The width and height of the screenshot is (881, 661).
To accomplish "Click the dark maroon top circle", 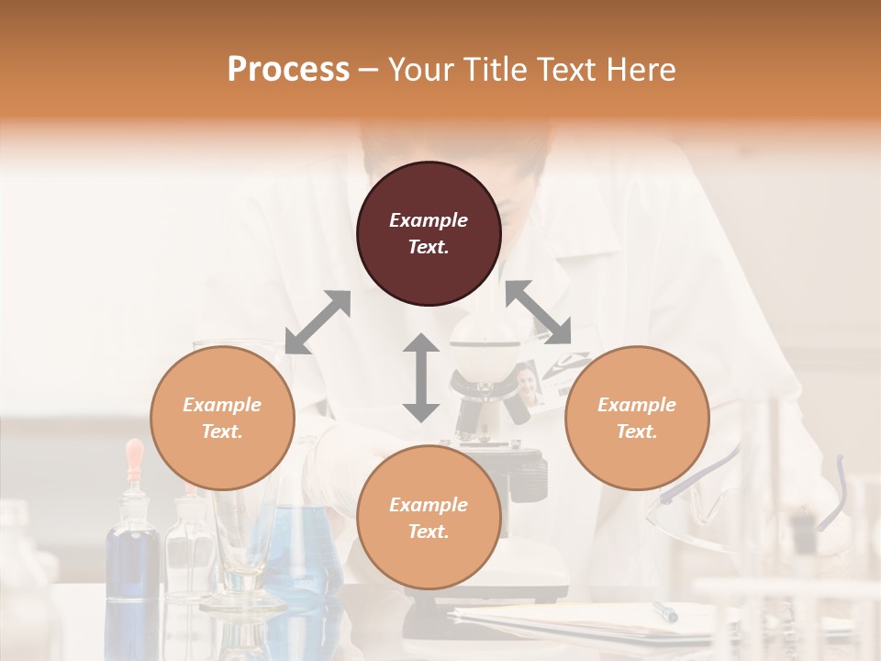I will click(x=429, y=234).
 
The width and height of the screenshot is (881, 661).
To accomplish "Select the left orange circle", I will click(x=222, y=418).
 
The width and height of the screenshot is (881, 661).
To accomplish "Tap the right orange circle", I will click(x=637, y=418).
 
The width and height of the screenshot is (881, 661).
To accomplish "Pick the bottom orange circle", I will click(x=429, y=518).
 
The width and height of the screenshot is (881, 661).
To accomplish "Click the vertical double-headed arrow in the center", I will click(x=421, y=377).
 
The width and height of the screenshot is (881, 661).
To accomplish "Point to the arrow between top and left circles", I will click(x=318, y=322).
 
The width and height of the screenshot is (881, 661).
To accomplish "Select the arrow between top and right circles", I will click(x=539, y=313).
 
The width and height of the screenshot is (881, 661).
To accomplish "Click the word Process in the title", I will click(x=288, y=69).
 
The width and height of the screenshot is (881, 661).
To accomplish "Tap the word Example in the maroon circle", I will click(x=429, y=220).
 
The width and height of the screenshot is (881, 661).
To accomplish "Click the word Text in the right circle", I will click(x=637, y=431).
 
